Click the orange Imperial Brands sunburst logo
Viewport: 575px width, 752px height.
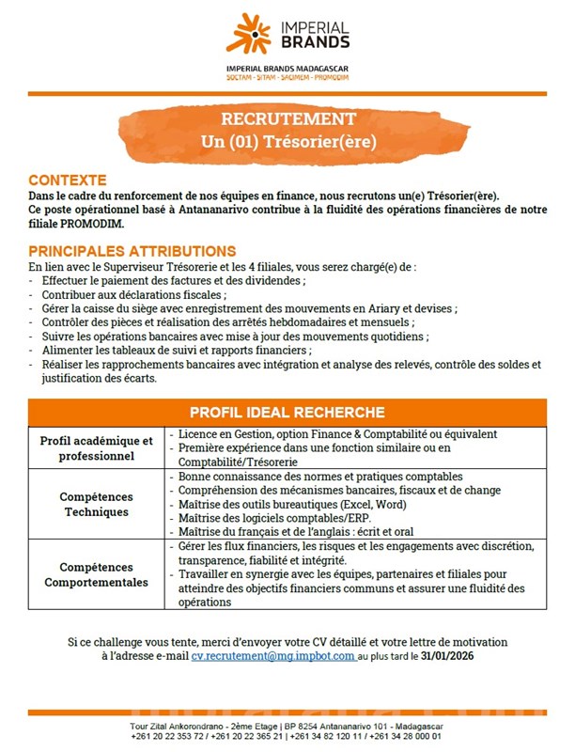248,34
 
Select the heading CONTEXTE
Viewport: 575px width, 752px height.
67,180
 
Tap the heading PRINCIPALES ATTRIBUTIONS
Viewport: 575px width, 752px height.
132,251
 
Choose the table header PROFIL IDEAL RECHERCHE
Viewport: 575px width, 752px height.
287,412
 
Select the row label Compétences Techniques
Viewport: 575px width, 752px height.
96,504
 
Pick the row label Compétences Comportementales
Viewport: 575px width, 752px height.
96,574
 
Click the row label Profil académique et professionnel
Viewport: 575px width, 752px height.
96,448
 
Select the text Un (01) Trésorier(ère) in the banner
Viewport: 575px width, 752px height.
288,143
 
